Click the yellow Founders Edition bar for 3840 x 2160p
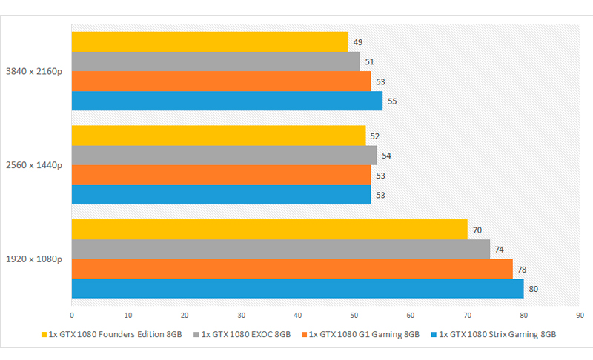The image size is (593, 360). pos(210,41)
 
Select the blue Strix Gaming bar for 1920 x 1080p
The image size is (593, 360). pos(297,289)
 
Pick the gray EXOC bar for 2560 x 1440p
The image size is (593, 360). pos(224,156)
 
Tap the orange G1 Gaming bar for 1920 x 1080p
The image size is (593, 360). pos(292,269)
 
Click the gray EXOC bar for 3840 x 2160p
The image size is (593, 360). pos(216,61)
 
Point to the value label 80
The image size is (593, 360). pos(534,289)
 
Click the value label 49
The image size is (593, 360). pos(358,42)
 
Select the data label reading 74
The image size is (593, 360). pos(500,250)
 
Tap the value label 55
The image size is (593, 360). pos(392,101)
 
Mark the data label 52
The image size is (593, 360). pos(375,136)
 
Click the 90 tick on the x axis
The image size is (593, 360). pos(580,314)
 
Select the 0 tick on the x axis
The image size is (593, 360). pos(72,314)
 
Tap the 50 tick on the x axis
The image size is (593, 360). pos(354,314)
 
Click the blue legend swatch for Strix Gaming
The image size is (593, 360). pos(434,334)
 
